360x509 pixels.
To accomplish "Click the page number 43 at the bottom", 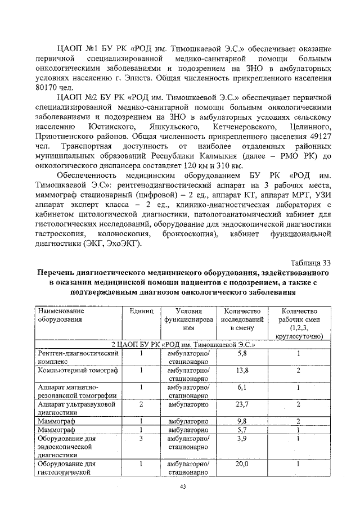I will coord(182,487).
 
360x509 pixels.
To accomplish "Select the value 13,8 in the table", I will coord(242,370).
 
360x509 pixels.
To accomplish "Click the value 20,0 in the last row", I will coord(242,464).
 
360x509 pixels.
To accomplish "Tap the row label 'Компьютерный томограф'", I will coord(77,370).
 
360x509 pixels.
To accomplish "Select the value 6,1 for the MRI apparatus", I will coord(242,387).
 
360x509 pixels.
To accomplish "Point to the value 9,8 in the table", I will coord(242,421).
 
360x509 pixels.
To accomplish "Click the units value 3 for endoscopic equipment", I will coord(141,438).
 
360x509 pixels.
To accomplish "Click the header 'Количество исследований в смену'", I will coord(242,319).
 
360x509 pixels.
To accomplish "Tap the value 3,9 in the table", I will coord(242,438).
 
